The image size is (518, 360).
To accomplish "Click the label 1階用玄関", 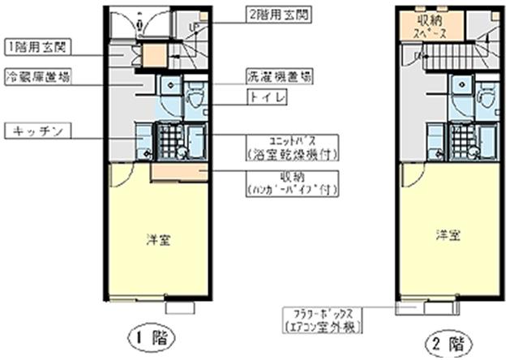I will coord(36,45).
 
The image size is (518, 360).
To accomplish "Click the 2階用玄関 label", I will coord(278,15).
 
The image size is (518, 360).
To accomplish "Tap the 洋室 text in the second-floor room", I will coord(448,235).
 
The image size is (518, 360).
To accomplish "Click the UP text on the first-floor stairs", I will coord(192,27).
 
